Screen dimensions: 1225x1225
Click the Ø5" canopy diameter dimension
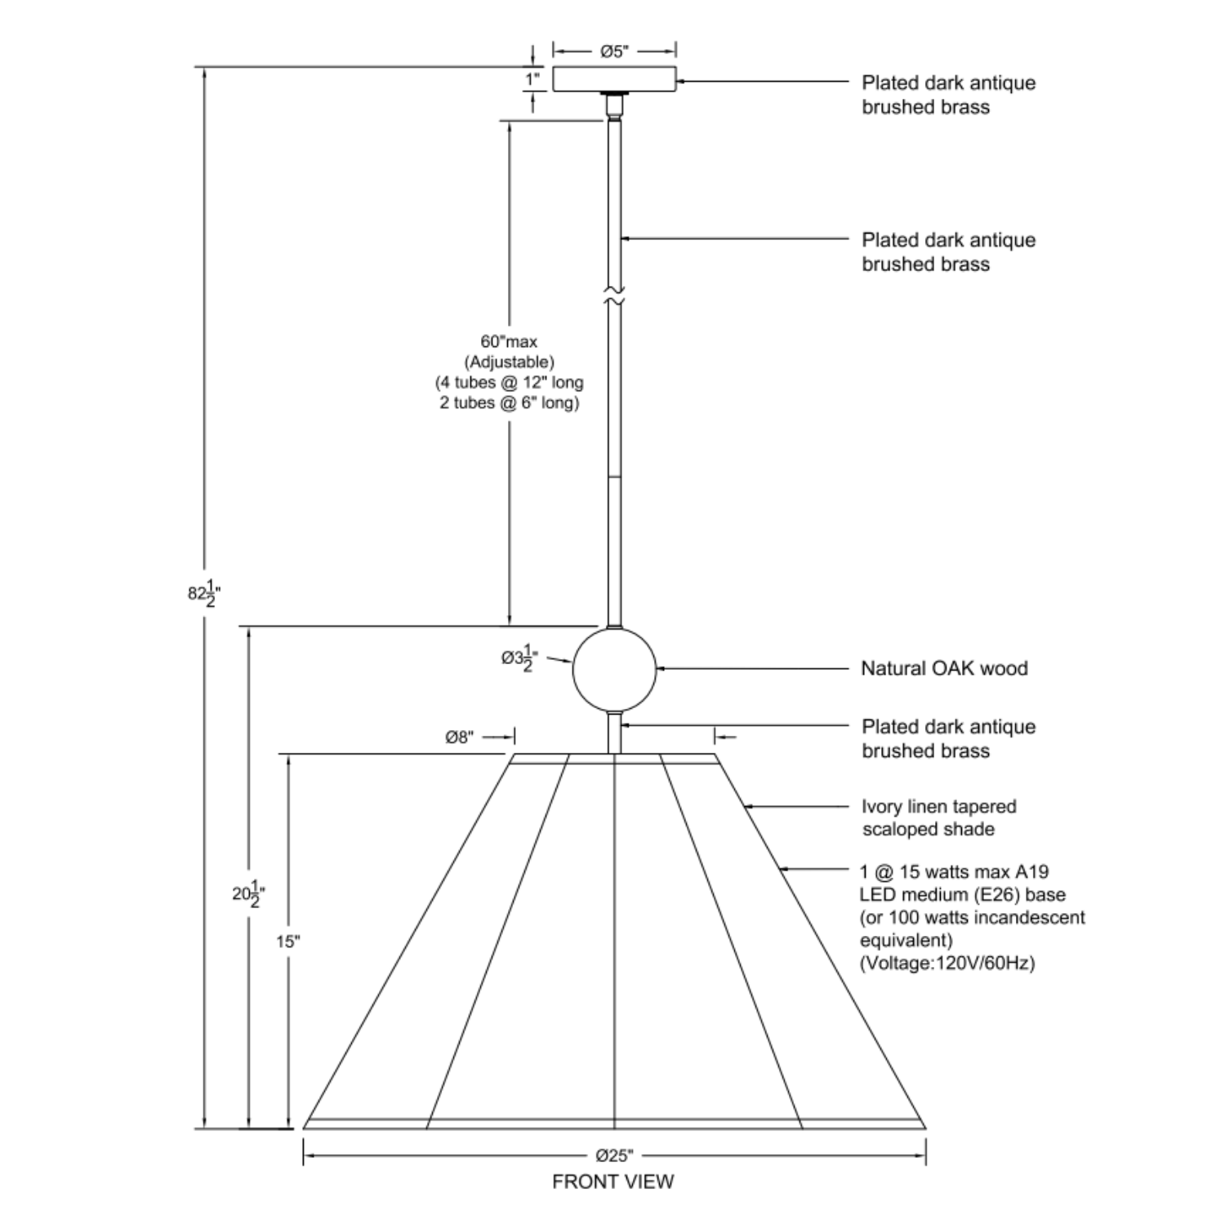pos(614,51)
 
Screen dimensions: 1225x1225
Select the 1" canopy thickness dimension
pos(532,79)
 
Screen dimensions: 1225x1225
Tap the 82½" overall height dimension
pos(203,594)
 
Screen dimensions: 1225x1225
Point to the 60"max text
pos(509,341)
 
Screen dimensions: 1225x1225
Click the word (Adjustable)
pos(509,362)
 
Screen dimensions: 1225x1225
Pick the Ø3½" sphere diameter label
pos(519,658)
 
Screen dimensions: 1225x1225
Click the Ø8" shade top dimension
pos(459,737)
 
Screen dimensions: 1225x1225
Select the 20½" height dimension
pos(248,893)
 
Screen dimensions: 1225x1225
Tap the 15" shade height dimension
pos(287,942)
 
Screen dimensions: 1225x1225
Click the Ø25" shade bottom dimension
pos(614,1156)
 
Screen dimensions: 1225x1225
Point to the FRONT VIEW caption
pos(613,1182)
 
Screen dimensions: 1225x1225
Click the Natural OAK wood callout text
pos(944,668)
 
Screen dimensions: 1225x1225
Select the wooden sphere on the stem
pos(614,668)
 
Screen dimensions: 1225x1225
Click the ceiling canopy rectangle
pos(614,79)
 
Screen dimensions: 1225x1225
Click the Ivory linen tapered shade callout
pos(939,817)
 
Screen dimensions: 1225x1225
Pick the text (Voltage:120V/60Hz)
pos(947,964)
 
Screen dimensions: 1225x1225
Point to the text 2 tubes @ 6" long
pos(509,403)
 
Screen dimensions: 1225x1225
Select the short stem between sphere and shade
pos(614,732)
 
